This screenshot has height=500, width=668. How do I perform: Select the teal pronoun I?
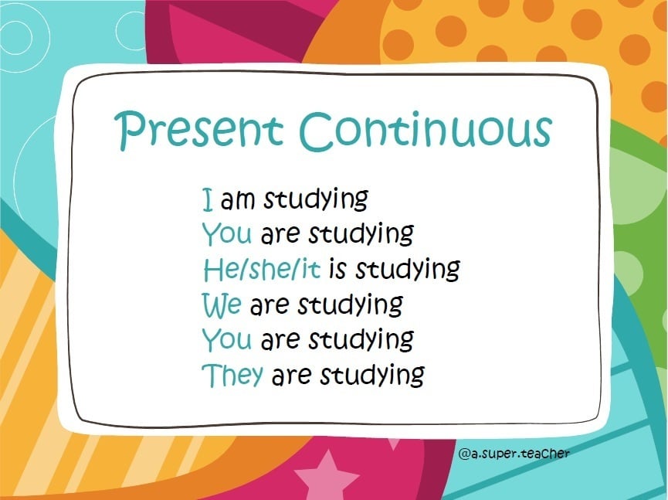click(207, 199)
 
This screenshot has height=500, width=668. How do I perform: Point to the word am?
click(238, 200)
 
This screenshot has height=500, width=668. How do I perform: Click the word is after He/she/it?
click(337, 269)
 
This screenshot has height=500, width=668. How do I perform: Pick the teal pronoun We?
click(222, 304)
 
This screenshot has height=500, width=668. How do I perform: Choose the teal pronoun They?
click(232, 375)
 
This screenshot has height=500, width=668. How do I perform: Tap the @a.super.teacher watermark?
click(514, 454)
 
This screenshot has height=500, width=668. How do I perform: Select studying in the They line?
click(371, 376)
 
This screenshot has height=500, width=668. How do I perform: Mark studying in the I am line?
click(315, 200)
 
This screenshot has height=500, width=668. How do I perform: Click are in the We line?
click(269, 305)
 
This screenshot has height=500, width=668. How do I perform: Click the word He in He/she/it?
click(219, 269)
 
